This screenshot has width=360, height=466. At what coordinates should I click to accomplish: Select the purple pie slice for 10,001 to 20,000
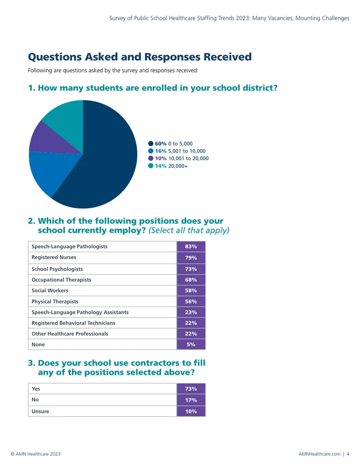[x=50, y=138]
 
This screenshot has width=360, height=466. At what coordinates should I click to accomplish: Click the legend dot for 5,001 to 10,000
[x=151, y=151]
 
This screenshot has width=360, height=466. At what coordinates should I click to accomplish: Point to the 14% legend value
[x=161, y=166]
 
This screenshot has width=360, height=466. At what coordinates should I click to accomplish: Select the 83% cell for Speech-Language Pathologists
[x=191, y=246]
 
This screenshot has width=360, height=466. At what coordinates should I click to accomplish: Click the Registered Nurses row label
[x=54, y=257]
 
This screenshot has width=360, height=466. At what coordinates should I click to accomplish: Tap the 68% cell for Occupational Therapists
[x=191, y=280]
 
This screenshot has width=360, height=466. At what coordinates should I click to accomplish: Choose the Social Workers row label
[x=50, y=290]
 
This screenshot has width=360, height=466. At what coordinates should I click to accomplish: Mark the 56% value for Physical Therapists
[x=191, y=301]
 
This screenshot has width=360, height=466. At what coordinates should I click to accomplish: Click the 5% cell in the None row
[x=191, y=344]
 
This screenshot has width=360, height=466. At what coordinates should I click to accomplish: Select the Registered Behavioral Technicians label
[x=73, y=323]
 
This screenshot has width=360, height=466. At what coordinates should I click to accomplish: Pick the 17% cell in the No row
[x=191, y=400]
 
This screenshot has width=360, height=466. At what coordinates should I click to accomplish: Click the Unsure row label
[x=40, y=412]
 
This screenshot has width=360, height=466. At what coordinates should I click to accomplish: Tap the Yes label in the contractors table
[x=36, y=389]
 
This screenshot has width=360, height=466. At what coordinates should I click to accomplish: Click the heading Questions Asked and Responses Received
[x=139, y=57]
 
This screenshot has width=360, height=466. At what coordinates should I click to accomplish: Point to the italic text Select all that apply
[x=189, y=231]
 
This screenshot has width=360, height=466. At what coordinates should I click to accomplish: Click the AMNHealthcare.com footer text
[x=319, y=454]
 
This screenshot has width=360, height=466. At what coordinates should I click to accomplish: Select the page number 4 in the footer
[x=348, y=454]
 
